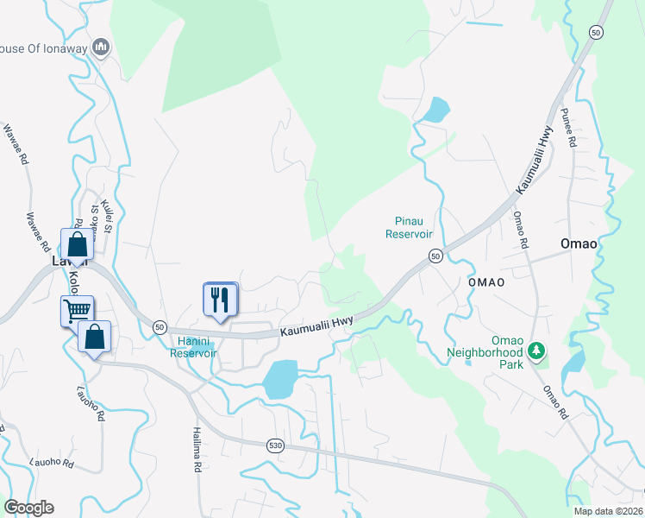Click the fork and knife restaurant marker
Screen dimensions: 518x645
pyautogui.click(x=219, y=300)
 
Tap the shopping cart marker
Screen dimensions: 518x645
pyautogui.click(x=77, y=310)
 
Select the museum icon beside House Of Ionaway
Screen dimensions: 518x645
pyautogui.click(x=101, y=47)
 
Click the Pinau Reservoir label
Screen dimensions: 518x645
pyautogui.click(x=408, y=227)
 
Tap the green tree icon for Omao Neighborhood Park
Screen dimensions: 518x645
pyautogui.click(x=537, y=351)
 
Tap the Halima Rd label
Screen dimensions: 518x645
pyautogui.click(x=197, y=449)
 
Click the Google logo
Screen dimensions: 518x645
pyautogui.click(x=29, y=508)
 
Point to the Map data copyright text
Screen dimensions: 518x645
pyautogui.click(x=608, y=511)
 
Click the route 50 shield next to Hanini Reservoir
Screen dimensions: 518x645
pyautogui.click(x=160, y=327)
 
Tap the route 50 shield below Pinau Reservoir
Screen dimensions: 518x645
pyautogui.click(x=435, y=256)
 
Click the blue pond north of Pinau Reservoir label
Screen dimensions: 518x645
pyautogui.click(x=436, y=110)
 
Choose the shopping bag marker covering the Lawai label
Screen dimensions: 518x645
pyautogui.click(x=76, y=245)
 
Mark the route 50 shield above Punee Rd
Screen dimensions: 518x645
pyautogui.click(x=595, y=32)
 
